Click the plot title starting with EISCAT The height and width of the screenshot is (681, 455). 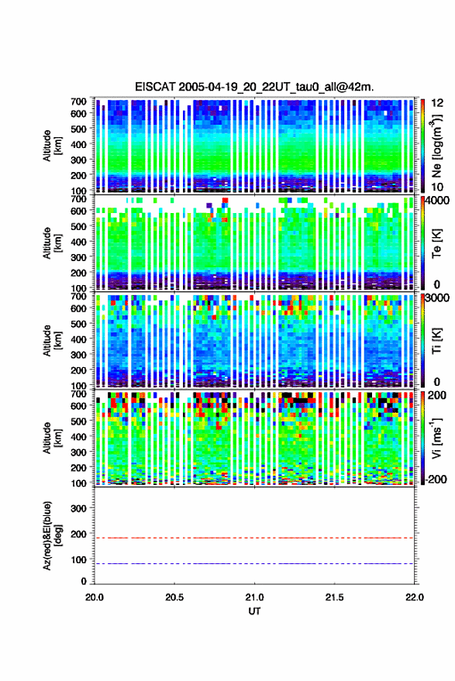[x=254, y=87]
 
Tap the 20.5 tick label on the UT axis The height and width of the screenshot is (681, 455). [x=174, y=597]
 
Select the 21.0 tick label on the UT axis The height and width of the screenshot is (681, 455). [x=254, y=597]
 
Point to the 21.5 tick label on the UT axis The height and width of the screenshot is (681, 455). [x=334, y=597]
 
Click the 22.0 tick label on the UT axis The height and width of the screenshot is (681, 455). [x=414, y=597]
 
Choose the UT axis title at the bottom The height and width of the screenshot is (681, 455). [x=254, y=611]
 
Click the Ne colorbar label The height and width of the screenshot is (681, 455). [x=436, y=146]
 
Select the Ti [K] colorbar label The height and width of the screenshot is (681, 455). [x=436, y=341]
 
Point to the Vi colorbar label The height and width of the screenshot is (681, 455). [x=436, y=438]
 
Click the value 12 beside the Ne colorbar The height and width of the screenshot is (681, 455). [x=437, y=103]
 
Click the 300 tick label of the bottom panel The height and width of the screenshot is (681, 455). [x=78, y=508]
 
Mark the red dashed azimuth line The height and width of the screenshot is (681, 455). [x=254, y=538]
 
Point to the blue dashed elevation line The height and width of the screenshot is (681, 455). [x=254, y=563]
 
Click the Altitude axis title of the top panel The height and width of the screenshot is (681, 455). [x=52, y=146]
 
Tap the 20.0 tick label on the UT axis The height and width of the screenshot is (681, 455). [x=95, y=597]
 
